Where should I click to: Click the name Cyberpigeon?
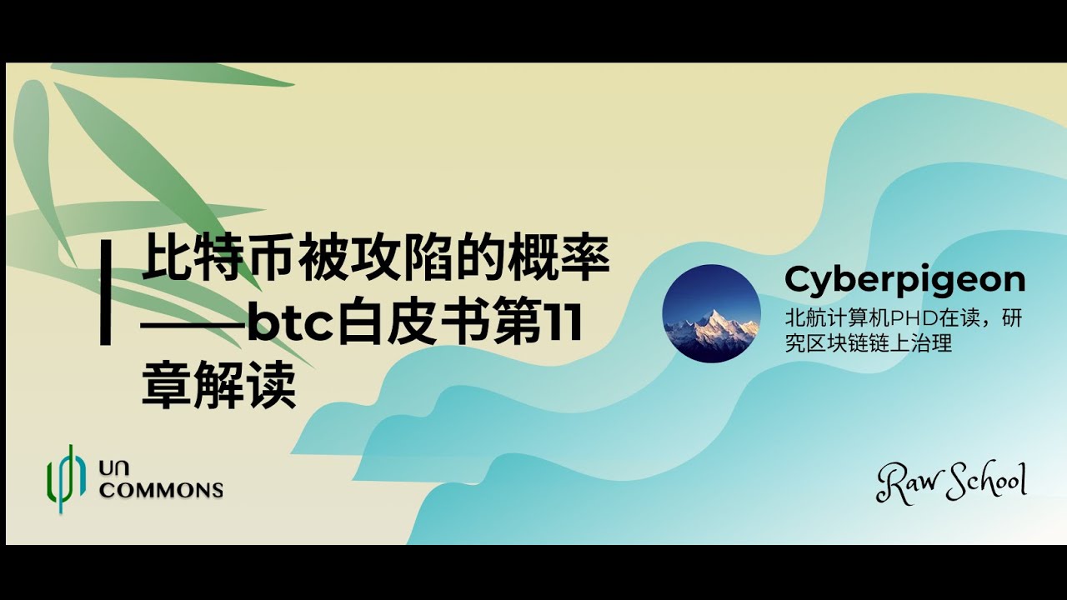pos(904,281)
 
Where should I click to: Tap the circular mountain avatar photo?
pos(711,313)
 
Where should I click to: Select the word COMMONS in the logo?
pos(161,489)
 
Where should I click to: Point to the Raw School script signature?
pos(951,482)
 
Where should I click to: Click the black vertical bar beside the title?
pos(106,292)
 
